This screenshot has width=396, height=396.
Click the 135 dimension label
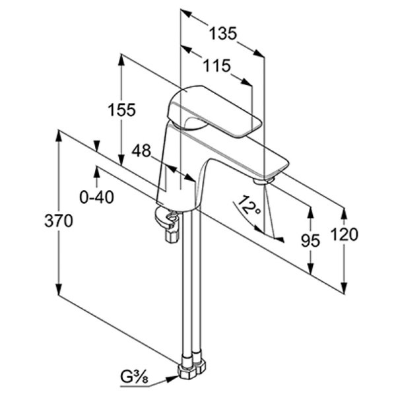(x=223, y=33)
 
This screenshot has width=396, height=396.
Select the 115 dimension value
(x=217, y=65)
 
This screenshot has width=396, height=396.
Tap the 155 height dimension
(x=121, y=110)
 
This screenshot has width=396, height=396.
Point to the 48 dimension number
(x=141, y=150)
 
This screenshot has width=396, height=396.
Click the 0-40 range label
(x=97, y=197)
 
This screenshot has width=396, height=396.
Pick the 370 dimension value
(x=59, y=220)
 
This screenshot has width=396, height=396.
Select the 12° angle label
(x=249, y=205)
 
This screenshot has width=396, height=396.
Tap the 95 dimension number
(x=310, y=240)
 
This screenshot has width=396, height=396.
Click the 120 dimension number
(x=345, y=234)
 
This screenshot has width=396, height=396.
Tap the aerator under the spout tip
(x=264, y=181)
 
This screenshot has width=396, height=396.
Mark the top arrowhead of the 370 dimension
(x=59, y=137)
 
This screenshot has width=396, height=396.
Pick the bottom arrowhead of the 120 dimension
(x=344, y=287)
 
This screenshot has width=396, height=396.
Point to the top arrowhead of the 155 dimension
(x=121, y=61)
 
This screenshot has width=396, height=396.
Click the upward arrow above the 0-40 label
(x=96, y=173)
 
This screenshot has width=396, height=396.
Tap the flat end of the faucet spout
(x=277, y=169)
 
